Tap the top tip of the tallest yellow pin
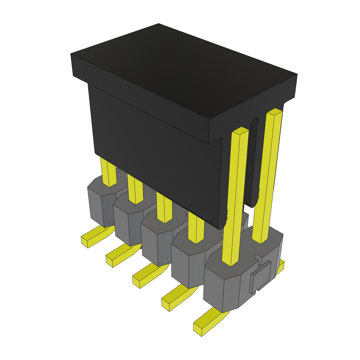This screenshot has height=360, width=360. click(x=275, y=112)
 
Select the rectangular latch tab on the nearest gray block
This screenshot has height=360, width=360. click(x=261, y=277)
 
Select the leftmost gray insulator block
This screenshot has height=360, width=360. click(x=100, y=204)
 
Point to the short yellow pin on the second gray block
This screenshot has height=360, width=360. click(x=135, y=190)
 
